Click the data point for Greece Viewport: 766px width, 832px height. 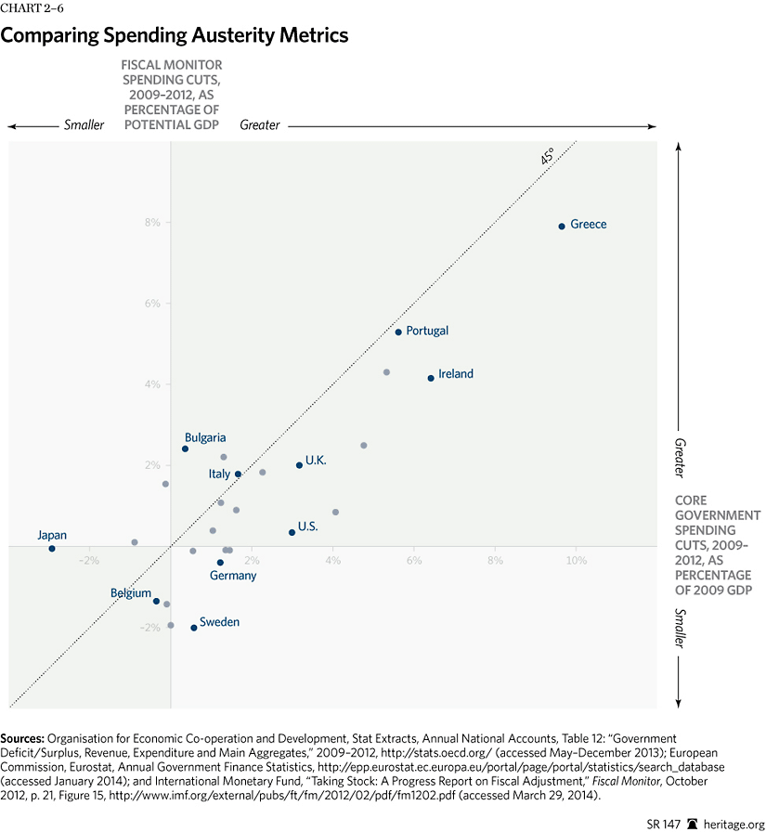pos(562,226)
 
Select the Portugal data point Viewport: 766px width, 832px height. pos(398,331)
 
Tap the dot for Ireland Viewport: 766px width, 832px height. pos(431,378)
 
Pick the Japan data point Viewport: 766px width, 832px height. pos(52,549)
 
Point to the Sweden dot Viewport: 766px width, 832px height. pos(193,628)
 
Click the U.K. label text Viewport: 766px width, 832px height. pos(316,461)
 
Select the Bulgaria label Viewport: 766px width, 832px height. pos(205,437)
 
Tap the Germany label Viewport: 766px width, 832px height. pos(233,576)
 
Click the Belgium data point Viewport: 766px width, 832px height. pos(156,601)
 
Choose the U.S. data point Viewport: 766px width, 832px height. pos(292,532)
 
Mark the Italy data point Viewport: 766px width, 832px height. pos(238,474)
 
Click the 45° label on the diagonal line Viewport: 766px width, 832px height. pos(548,157)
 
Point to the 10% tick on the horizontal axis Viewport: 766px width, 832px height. pos(577,561)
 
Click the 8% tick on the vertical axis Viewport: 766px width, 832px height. pos(151,223)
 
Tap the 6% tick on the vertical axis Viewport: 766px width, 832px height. pos(151,304)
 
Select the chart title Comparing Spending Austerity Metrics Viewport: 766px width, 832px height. pos(175,36)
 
